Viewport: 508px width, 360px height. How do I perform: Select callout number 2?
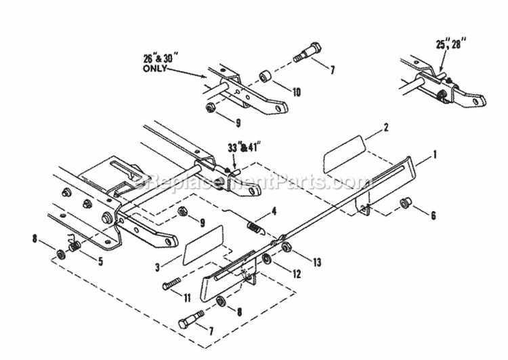[386, 127]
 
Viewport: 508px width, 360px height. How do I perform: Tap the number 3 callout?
[158, 267]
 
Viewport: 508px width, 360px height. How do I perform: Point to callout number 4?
[274, 211]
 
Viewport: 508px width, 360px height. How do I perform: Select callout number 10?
[297, 91]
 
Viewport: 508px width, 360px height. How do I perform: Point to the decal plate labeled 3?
[203, 244]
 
